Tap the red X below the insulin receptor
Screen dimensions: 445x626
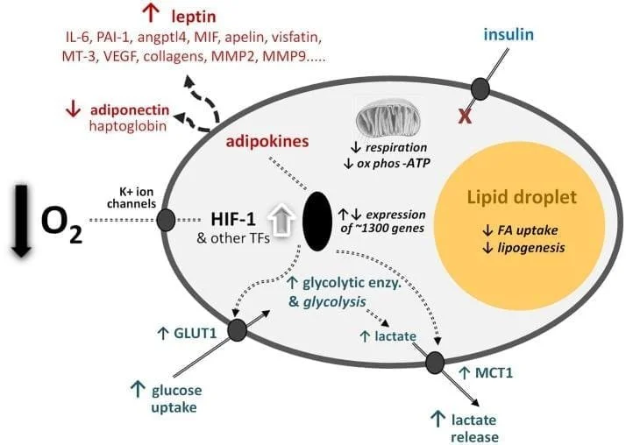466,115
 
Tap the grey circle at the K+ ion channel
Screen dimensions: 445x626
165,220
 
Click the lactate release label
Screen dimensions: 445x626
476,427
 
